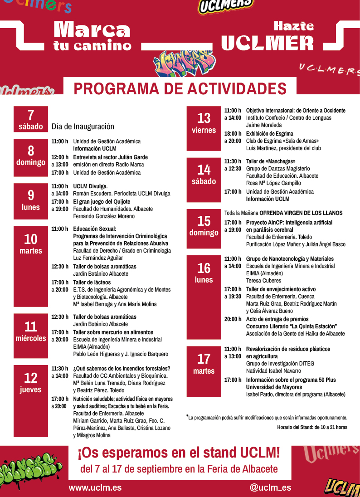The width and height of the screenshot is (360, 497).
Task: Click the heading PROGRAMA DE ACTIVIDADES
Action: (180, 88)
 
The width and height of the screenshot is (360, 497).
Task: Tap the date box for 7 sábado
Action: (31, 119)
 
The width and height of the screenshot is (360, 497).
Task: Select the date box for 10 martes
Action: (31, 244)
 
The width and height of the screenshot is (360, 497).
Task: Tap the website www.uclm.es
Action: (95, 488)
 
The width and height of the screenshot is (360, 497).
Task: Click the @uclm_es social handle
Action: (270, 488)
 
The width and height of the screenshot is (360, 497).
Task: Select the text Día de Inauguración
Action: (83, 127)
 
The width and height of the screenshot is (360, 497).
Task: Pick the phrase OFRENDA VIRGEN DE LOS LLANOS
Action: (301, 213)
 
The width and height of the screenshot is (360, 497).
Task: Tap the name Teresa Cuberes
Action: (264, 281)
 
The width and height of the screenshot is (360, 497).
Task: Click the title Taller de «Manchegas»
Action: (271, 161)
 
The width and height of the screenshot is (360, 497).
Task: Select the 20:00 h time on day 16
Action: (233, 319)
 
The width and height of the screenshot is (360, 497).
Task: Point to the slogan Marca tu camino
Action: (92, 36)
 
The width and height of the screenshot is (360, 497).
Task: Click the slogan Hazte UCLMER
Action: (268, 36)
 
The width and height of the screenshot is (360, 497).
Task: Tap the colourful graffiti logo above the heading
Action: (183, 63)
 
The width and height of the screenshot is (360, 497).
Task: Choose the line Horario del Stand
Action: (312, 427)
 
